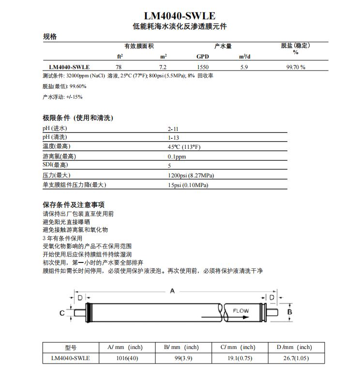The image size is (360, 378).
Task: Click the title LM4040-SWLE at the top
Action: (180, 16)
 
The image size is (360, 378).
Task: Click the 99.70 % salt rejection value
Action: (296, 67)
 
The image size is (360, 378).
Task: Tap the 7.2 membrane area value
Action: (163, 67)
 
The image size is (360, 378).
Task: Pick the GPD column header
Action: (202, 57)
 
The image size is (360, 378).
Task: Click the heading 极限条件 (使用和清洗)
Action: (77, 117)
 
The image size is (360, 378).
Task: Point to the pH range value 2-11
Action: (173, 129)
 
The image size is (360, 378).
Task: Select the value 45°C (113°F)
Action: (184, 147)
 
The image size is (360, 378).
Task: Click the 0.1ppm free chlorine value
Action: (177, 157)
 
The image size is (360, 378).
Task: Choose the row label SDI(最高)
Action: (55, 165)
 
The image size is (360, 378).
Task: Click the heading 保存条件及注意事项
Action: (74, 204)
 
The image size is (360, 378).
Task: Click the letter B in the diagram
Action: (289, 312)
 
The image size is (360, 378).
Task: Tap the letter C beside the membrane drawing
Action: (62, 313)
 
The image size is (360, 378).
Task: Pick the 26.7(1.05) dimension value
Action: (296, 358)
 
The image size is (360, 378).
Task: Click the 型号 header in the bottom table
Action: (71, 347)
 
